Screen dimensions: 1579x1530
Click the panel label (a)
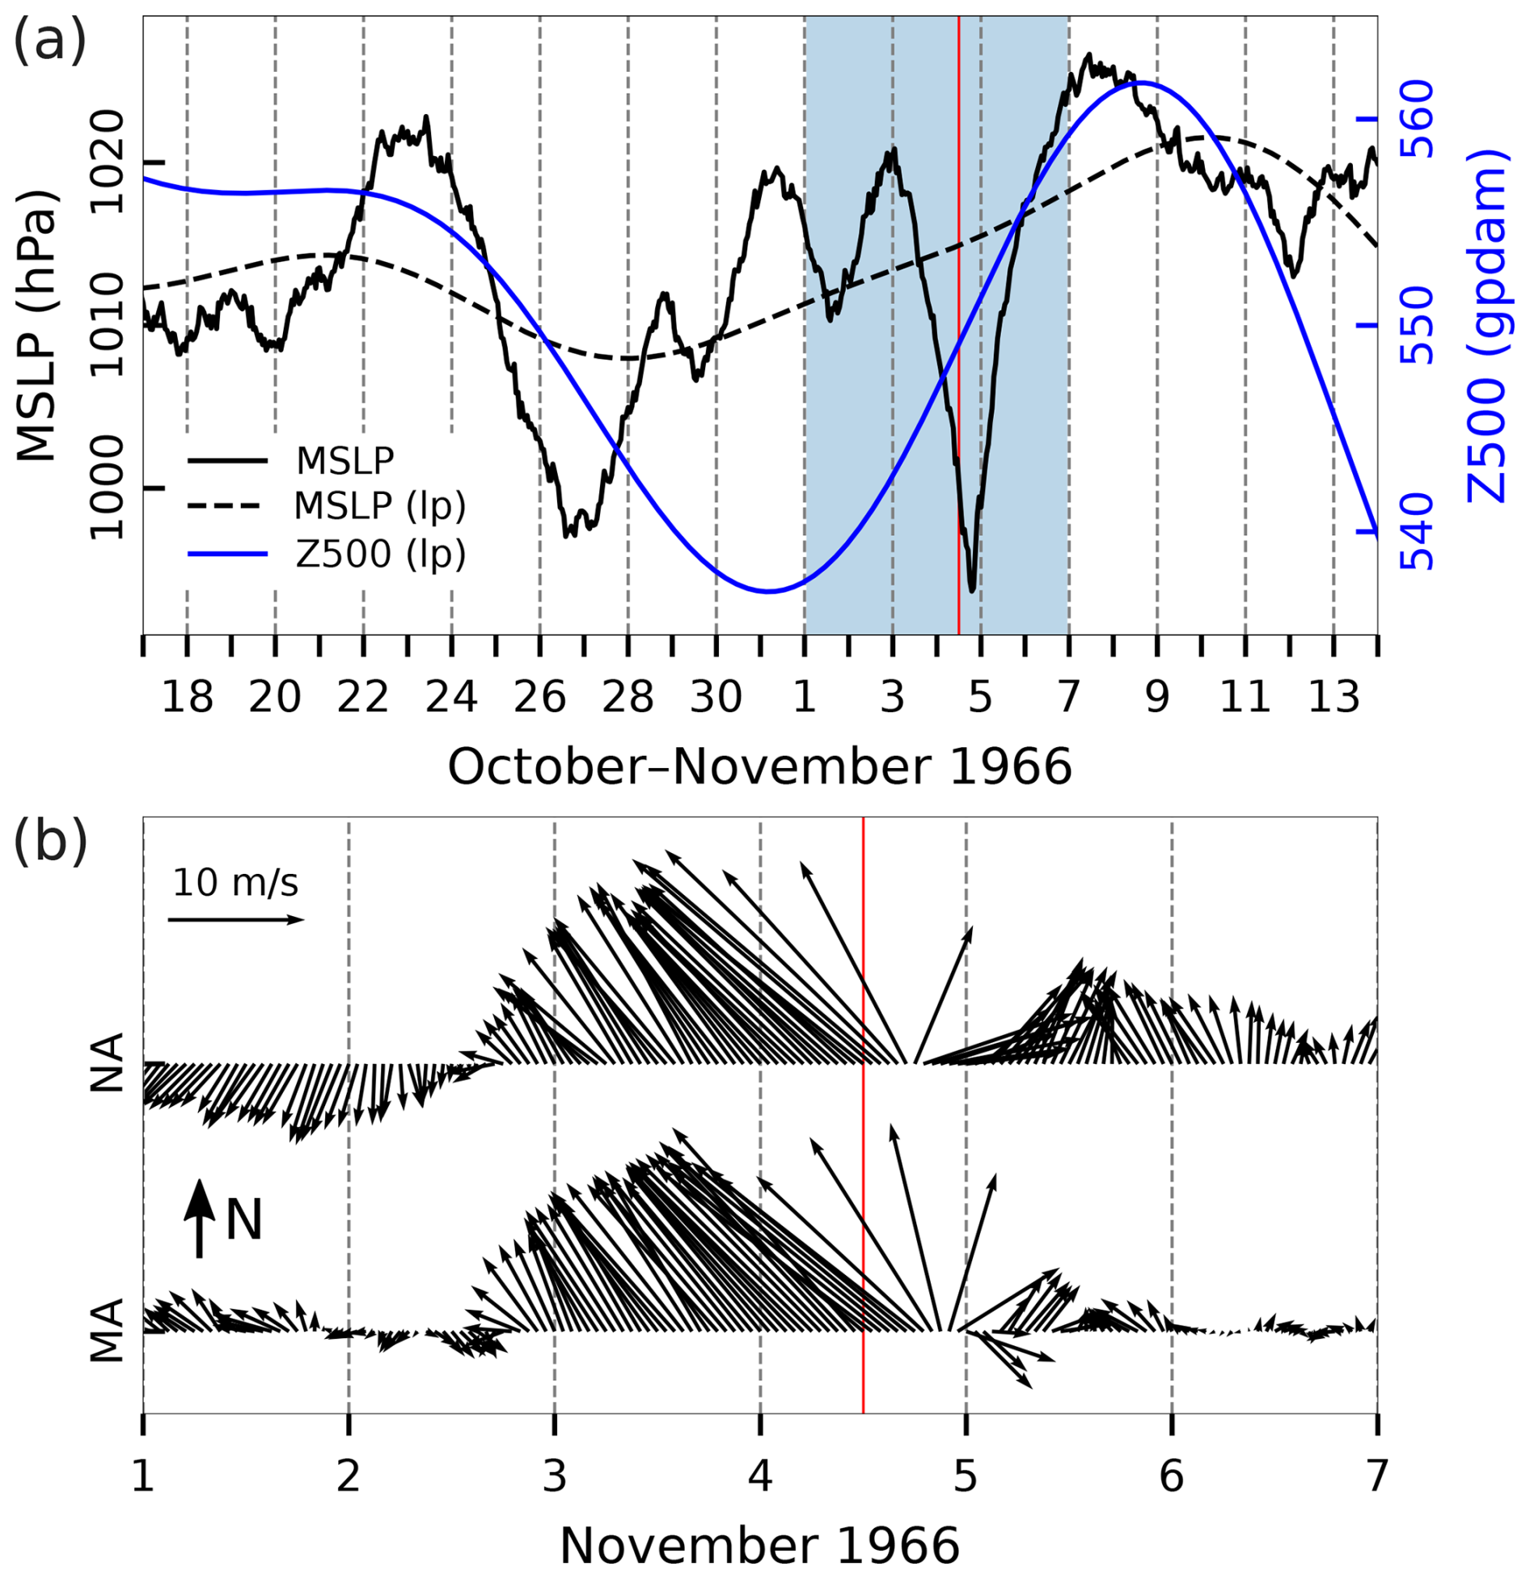click(49, 40)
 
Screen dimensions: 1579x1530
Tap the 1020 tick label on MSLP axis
click(107, 163)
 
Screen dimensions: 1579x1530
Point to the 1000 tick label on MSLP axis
click(107, 488)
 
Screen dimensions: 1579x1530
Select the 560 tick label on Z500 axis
click(1416, 119)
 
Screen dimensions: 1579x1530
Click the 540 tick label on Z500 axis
click(1416, 533)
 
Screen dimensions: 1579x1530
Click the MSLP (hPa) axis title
click(36, 326)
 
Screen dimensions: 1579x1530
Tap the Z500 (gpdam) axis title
click(1486, 326)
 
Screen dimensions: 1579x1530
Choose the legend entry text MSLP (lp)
click(380, 506)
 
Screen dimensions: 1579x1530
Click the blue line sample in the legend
click(227, 554)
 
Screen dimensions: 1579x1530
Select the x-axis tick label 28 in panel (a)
click(628, 696)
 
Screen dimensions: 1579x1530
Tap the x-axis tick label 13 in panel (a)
click(1333, 696)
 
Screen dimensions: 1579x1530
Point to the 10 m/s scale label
click(235, 882)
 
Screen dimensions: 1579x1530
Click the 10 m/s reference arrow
click(235, 919)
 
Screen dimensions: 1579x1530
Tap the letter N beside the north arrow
click(244, 1221)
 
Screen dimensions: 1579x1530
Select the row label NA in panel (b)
click(107, 1062)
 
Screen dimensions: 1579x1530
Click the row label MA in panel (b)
click(107, 1330)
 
